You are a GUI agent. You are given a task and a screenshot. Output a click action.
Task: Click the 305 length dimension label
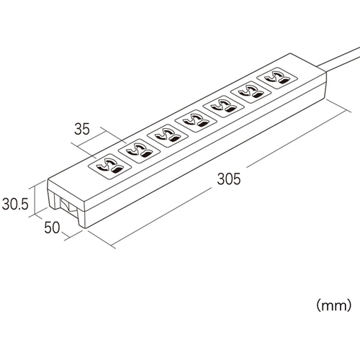pyautogui.click(x=228, y=179)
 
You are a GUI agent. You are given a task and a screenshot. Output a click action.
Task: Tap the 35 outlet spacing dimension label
pyautogui.click(x=82, y=129)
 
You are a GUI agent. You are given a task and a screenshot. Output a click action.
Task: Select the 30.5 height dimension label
pyautogui.click(x=15, y=204)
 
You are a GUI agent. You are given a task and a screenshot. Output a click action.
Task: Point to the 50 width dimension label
pyautogui.click(x=52, y=228)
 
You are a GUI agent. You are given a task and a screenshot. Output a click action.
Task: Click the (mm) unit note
pyautogui.click(x=334, y=305)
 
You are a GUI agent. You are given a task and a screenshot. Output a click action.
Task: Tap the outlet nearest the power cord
pyautogui.click(x=277, y=78)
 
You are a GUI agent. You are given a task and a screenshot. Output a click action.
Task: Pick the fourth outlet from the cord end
pyautogui.click(x=196, y=121)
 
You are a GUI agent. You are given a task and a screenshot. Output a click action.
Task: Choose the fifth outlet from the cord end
pyautogui.click(x=168, y=135)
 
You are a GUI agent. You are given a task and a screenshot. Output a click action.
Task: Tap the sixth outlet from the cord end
pyautogui.click(x=139, y=151)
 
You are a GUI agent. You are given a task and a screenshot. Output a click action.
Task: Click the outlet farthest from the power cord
pyautogui.click(x=109, y=166)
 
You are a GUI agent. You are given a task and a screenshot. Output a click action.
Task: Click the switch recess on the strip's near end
pyautogui.click(x=67, y=206)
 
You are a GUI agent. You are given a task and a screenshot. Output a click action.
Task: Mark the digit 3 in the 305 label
pyautogui.click(x=221, y=179)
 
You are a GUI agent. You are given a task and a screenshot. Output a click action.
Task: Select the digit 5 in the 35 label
pyautogui.click(x=86, y=129)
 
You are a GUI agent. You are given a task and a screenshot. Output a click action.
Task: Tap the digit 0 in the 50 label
pyautogui.click(x=56, y=228)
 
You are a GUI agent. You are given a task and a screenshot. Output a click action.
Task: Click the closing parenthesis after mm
pyautogui.click(x=348, y=305)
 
